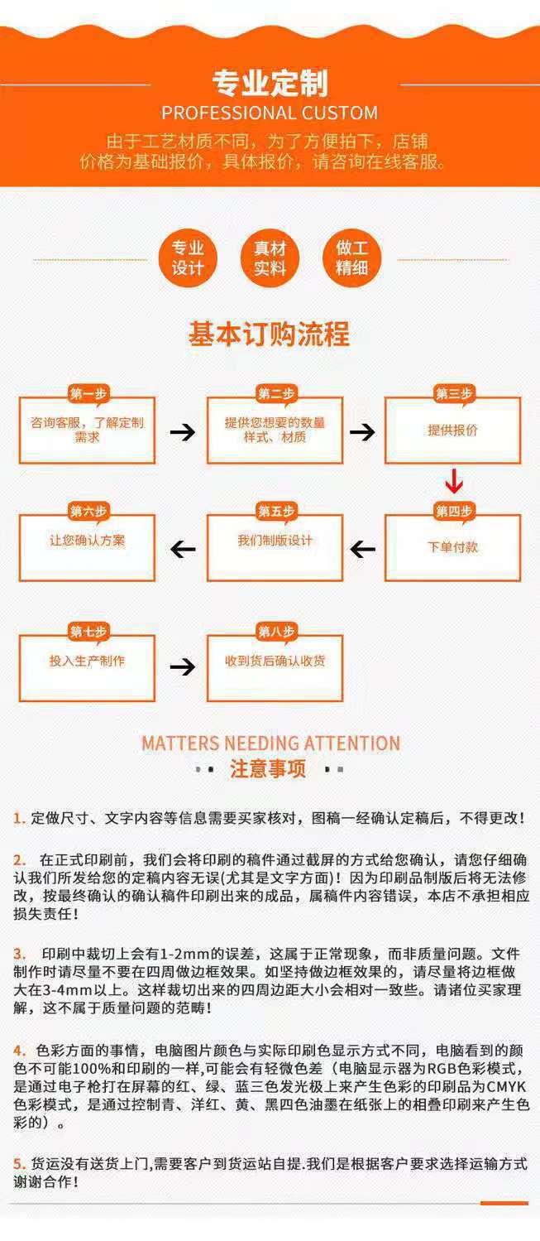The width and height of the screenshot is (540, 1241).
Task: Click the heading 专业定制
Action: point(270,84)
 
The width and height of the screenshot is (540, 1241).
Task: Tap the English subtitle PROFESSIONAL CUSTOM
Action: point(270,113)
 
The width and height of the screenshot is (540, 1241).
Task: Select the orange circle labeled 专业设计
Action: point(187,257)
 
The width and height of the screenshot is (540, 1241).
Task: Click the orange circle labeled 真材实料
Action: point(270,257)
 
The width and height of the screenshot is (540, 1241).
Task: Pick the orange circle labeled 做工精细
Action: point(351,257)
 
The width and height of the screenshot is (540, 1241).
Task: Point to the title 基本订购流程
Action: point(270,334)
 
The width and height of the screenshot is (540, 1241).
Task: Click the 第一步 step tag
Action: point(88,394)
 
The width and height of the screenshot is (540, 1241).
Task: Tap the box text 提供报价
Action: point(452,431)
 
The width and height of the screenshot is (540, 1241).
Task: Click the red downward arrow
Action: point(453,482)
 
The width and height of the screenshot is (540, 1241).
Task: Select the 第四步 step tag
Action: point(453,512)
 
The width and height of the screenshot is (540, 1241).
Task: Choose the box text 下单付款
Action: point(452,547)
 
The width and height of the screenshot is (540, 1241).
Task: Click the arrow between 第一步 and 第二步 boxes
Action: point(182,432)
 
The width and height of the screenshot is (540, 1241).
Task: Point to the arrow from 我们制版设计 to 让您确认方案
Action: point(182,549)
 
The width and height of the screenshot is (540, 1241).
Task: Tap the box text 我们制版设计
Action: point(275,541)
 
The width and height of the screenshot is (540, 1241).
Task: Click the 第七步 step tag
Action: point(88,633)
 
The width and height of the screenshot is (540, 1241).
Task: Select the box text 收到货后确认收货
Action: point(275,661)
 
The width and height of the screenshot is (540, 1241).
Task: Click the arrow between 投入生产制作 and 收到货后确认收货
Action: point(182,666)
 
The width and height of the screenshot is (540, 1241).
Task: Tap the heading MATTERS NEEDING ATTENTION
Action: point(270,743)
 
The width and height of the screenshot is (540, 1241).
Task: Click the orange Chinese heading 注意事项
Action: point(268,769)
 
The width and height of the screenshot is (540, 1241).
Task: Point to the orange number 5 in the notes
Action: point(17,1164)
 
